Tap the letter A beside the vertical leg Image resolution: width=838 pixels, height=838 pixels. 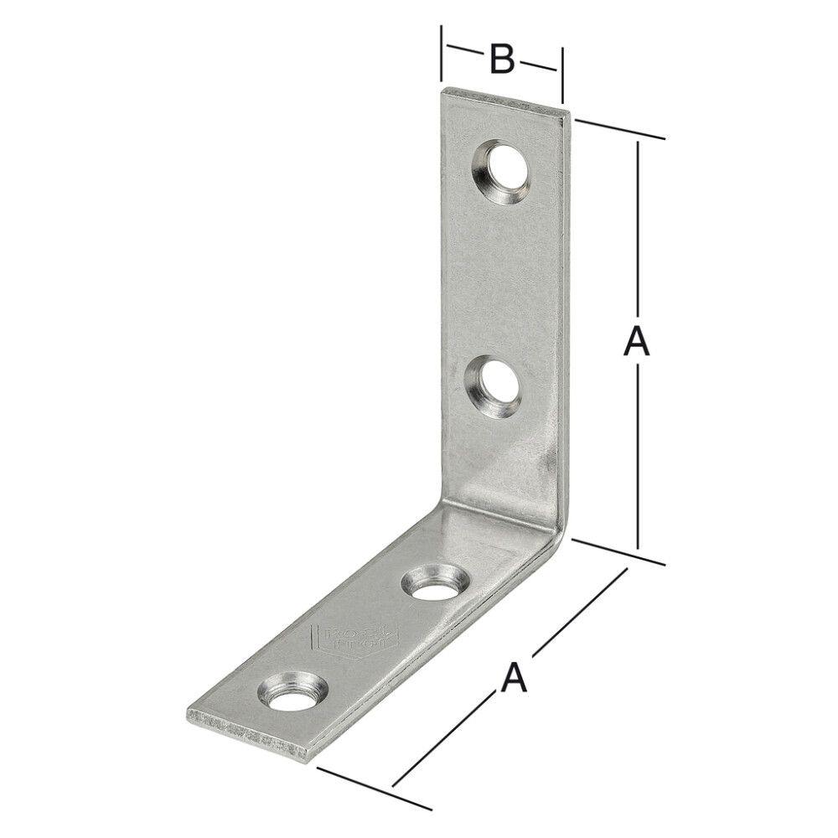point(637,343)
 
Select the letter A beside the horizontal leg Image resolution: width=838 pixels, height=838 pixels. point(514,676)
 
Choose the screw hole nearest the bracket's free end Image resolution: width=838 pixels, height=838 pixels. point(289,693)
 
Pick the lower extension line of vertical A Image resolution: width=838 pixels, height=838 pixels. point(620,553)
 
